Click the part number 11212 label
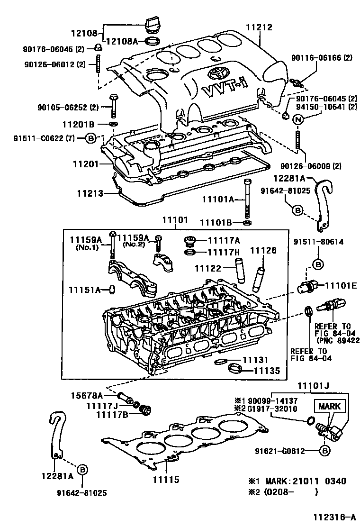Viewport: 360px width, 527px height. (x=259, y=27)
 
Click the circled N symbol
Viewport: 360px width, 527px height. (x=298, y=120)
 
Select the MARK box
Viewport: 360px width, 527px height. (x=329, y=407)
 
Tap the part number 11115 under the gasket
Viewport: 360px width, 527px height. (x=166, y=480)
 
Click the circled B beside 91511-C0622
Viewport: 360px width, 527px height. (x=91, y=138)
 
